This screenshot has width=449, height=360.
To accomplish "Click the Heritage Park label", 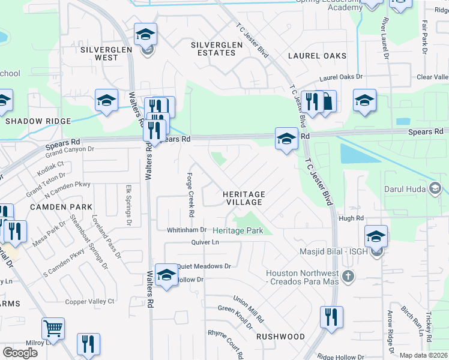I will [238, 230].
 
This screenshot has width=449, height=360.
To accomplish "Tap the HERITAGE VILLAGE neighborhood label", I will [244, 199].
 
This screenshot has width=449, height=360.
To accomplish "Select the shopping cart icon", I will [53, 329].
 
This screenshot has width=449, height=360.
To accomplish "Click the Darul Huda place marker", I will [436, 189].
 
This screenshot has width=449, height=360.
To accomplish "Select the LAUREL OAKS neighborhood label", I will [317, 56].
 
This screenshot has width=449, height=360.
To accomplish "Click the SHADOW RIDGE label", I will [34, 121].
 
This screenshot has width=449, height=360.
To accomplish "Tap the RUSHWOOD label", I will [280, 337].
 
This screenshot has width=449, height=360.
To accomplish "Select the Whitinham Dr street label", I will [187, 230].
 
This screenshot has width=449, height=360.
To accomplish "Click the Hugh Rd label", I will [351, 218].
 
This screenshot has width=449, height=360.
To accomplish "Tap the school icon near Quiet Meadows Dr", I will [166, 275].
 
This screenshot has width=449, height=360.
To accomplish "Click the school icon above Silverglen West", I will [145, 35].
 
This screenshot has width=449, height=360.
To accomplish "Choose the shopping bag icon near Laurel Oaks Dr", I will [326, 101].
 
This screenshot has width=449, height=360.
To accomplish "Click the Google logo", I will [20, 353].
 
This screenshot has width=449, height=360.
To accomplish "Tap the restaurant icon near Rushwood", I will [331, 317].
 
